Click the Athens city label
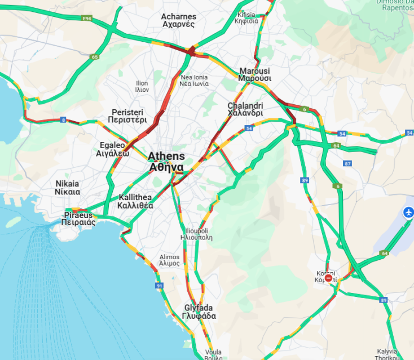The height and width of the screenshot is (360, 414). pos(166,162)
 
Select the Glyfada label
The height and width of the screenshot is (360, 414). pos(200,312)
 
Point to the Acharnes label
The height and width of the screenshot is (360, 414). pos(178,20)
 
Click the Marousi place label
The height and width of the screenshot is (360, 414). pos(254,75)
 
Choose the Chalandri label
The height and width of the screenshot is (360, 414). pos(245,109)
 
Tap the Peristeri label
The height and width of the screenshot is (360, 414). pos(129,116)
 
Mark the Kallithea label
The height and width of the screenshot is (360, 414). pos(135,201)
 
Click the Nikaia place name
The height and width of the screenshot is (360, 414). pos(68,188)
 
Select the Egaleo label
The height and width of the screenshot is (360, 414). pos(113,149)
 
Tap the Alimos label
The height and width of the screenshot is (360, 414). pos(169,260)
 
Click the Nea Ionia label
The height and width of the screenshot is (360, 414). pos(194,80)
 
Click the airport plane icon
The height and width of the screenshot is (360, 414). pos(408,213)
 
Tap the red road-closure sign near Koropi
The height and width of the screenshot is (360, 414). pos(329,278)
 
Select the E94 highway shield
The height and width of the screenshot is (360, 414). pos(87,19)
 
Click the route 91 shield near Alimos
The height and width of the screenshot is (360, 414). pos(160,286)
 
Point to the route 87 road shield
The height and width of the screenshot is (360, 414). pos(347,163)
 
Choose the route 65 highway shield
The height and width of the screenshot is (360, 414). pos(95,57)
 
